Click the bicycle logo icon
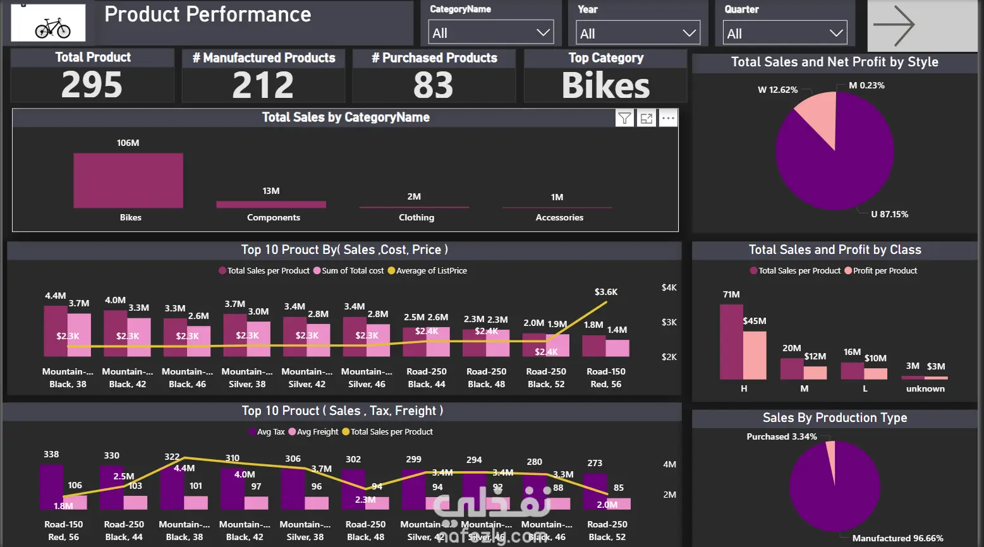(49, 23)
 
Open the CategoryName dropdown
(490, 33)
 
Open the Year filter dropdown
(638, 33)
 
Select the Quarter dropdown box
(784, 33)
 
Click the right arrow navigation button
(894, 25)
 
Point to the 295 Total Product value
(92, 85)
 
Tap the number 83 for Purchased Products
(434, 85)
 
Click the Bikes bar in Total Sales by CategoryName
(128, 180)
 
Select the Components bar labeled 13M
(271, 204)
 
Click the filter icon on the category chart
(624, 118)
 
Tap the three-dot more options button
(668, 118)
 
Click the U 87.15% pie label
(889, 214)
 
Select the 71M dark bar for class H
(731, 341)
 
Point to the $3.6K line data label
(606, 292)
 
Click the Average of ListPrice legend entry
(427, 270)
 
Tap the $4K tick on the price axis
(669, 287)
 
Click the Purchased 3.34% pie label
(781, 436)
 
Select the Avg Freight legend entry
(313, 431)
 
